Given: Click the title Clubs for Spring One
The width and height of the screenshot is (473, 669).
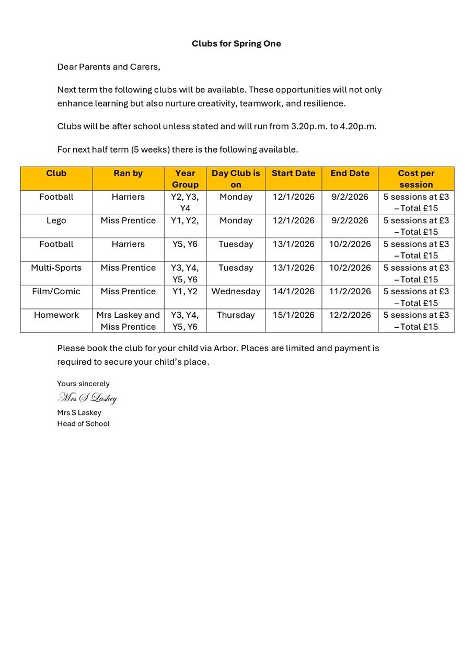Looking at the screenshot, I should pos(236,43).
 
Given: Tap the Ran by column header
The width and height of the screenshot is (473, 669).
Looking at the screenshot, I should pos(128,174).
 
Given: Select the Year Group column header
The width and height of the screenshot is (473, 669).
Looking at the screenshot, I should pos(185,179).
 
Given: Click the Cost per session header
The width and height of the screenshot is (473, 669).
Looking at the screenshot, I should pos(416,179).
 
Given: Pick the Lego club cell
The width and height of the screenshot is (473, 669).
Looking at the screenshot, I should pos(56,221).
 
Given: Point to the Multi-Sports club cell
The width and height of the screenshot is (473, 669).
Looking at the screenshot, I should pos(56,268).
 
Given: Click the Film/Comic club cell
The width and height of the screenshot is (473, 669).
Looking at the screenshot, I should pos(56,292).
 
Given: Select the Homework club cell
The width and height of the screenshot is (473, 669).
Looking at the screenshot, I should pos(56,315).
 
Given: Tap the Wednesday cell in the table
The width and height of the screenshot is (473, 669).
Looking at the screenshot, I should pos(236,292).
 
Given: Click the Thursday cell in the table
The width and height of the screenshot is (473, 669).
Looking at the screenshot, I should pos(236,315).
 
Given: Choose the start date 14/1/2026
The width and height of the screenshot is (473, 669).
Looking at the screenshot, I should pos(294,292).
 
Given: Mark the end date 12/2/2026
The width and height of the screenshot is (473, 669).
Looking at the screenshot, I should pos(350,315).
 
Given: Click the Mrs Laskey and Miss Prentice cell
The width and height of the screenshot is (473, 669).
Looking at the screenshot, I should pos(128,321).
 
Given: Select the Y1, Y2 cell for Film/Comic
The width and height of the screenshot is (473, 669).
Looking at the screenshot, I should pos(185,292).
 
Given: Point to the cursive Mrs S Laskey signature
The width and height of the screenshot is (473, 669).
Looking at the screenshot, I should pos(87,398).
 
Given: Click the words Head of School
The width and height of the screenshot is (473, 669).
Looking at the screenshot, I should pos(83,424).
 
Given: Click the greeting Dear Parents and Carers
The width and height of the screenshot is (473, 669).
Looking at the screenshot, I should pos(108,67).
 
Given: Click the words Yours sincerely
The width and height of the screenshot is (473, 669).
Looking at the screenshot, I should pos(83,384).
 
